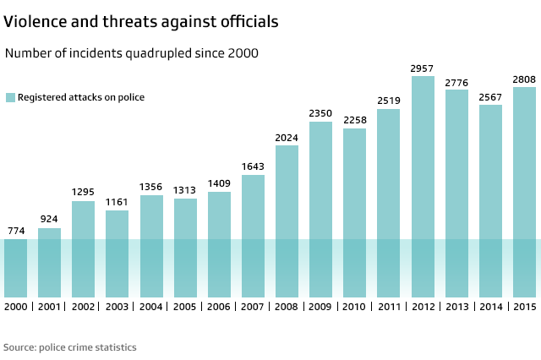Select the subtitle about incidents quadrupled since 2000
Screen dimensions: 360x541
coord(132,53)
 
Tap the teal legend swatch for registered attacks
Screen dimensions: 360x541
coord(10,97)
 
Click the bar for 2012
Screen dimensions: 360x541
coord(423,186)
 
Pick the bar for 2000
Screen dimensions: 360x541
coord(15,267)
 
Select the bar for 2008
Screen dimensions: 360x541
coord(287,221)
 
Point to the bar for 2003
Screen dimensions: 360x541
coord(117,254)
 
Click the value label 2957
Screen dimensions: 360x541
coord(423,68)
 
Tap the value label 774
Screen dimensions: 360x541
coord(15,231)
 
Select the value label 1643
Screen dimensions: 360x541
coord(253,166)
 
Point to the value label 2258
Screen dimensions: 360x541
coord(355,120)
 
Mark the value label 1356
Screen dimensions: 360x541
coord(151,187)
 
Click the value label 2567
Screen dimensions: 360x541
coord(490,96)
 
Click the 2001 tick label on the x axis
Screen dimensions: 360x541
coord(49,306)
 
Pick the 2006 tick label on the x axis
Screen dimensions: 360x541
coord(219,306)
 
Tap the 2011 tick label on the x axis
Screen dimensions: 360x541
coord(389,306)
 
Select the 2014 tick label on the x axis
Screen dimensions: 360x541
coord(490,306)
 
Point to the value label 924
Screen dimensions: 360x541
coord(49,220)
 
